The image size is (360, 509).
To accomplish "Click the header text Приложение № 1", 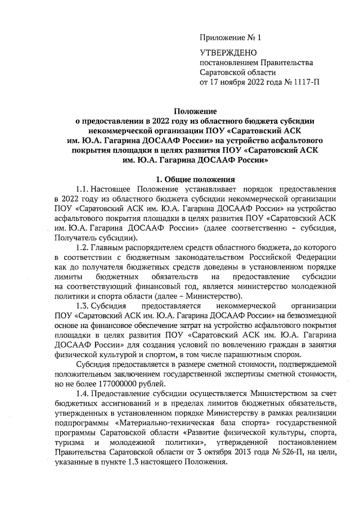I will (231, 38).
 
